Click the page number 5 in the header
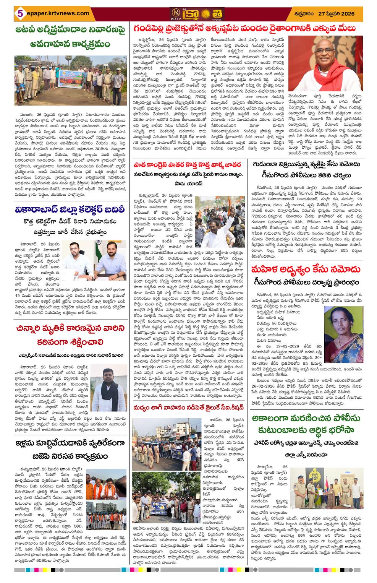[17, 14]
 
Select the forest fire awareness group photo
[71, 82]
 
